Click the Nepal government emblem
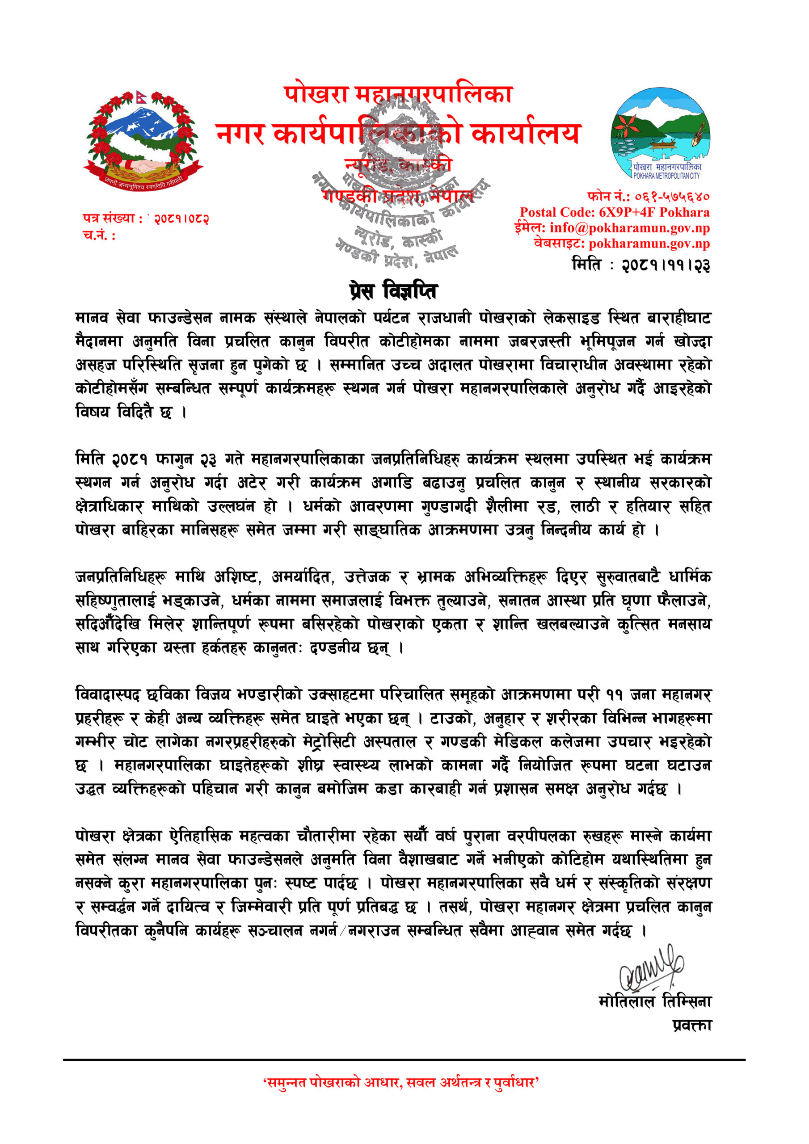143,140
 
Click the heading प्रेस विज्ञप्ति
393,291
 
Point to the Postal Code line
614,213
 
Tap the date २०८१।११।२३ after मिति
666,265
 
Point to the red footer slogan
401,1096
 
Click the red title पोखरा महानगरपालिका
398,95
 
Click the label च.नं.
99,235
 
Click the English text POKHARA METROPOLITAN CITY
666,176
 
